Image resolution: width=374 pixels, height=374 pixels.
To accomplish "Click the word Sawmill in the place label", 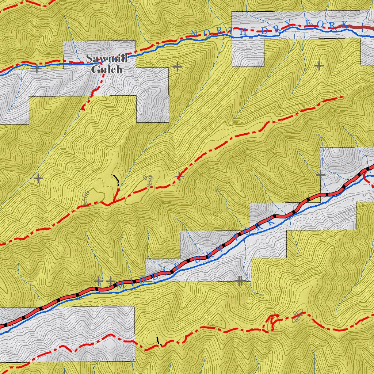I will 107,58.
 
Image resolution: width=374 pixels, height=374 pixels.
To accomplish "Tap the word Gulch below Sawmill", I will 107,69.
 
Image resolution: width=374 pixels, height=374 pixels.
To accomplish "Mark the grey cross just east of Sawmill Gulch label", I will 177,67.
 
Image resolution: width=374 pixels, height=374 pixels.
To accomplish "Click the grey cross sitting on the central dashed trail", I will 179,177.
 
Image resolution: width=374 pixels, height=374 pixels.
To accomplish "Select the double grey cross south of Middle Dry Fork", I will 240,280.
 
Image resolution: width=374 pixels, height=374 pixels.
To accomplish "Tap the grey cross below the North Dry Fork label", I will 319,66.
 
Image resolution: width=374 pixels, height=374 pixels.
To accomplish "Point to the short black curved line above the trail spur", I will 117,179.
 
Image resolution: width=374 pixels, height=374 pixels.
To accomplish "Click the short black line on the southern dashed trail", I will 158,341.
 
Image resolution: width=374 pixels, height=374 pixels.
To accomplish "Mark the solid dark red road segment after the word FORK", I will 360,27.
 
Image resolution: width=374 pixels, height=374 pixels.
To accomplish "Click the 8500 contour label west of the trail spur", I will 86,197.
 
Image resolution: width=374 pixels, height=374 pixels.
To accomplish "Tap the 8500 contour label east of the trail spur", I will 149,181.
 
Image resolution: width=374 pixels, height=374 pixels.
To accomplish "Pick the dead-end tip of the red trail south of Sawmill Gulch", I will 84,108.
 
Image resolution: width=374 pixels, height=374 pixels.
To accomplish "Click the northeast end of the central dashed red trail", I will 341,97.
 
